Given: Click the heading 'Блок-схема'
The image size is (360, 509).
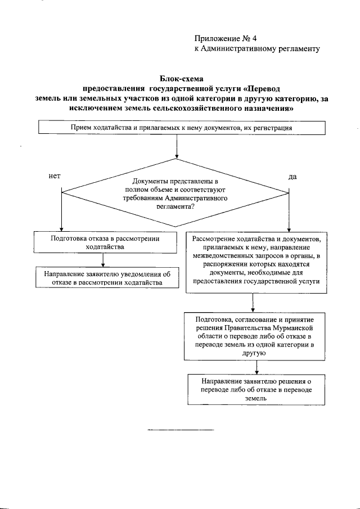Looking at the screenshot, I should pyautogui.click(x=181, y=79).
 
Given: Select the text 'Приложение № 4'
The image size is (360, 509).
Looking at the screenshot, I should pyautogui.click(x=225, y=39).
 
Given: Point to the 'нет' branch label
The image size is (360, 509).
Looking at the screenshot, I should pyautogui.click(x=55, y=176).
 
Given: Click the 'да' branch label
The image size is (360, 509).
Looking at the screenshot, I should pyautogui.click(x=292, y=176).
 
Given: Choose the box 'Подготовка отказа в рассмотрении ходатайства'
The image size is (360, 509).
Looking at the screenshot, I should pyautogui.click(x=105, y=242).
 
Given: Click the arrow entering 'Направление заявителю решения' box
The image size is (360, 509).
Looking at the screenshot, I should pyautogui.click(x=256, y=367).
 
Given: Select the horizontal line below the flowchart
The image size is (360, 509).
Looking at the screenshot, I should pyautogui.click(x=181, y=430).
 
